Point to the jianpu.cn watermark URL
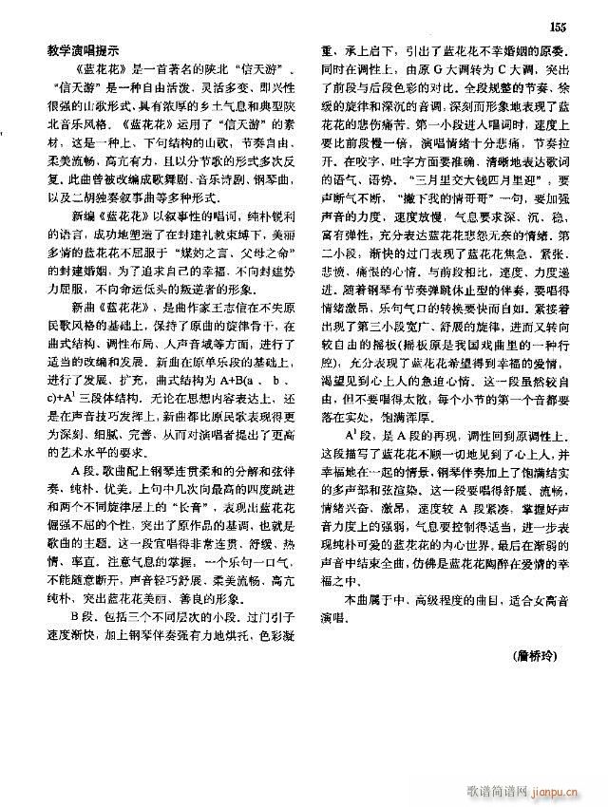[566, 790]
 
